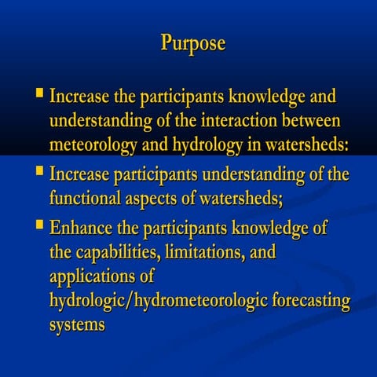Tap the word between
[x=325, y=123]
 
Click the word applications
[x=93, y=277]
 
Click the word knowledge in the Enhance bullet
[x=269, y=229]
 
